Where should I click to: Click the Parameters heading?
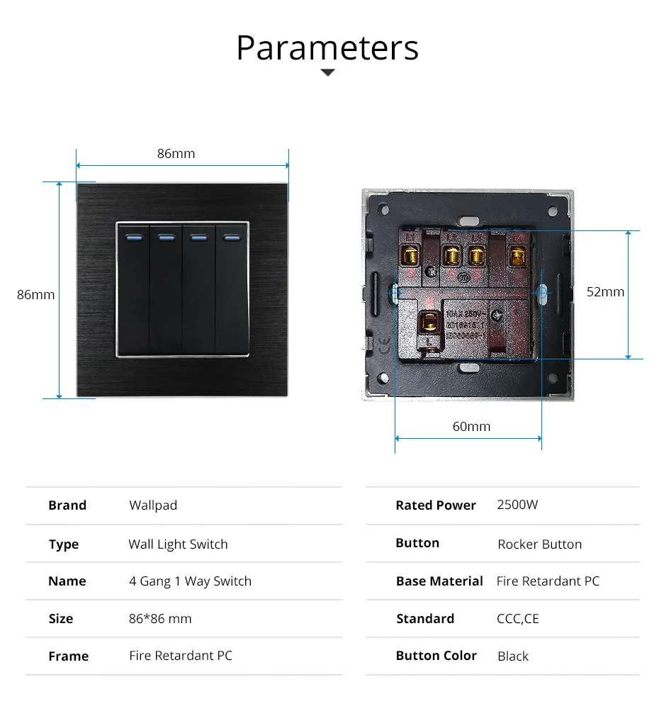[x=327, y=47]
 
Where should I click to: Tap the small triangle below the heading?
[x=327, y=72]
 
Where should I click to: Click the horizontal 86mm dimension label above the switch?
[x=176, y=153]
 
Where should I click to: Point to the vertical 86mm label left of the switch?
[x=35, y=294]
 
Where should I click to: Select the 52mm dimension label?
[x=605, y=291]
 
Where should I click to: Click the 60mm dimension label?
[x=471, y=426]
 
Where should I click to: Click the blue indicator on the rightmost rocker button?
[x=231, y=237]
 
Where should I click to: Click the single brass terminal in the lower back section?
[x=429, y=323]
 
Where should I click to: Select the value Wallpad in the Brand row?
[x=153, y=505]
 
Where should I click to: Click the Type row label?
[x=64, y=544]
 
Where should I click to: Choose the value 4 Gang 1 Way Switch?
[x=190, y=581]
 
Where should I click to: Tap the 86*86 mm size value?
[x=160, y=619]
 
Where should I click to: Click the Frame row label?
[x=69, y=656]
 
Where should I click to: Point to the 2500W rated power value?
[x=517, y=505]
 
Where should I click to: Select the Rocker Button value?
[x=539, y=544]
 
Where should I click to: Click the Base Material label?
[x=439, y=581]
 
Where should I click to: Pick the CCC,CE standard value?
[x=517, y=619]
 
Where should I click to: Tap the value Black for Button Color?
[x=513, y=656]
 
